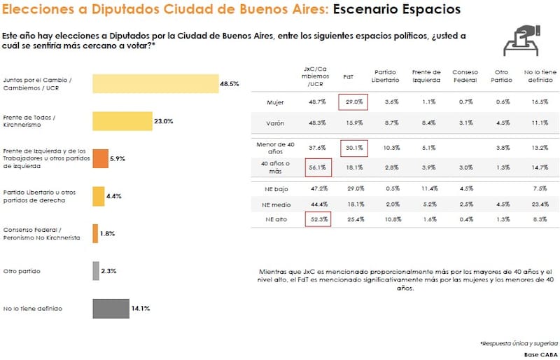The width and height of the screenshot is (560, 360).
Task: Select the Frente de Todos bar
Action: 122,121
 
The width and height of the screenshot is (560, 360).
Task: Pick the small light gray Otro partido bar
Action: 96,270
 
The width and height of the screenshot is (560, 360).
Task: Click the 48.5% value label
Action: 230,83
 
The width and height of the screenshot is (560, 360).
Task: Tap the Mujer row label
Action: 276,102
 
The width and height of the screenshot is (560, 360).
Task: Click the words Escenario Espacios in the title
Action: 396,10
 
